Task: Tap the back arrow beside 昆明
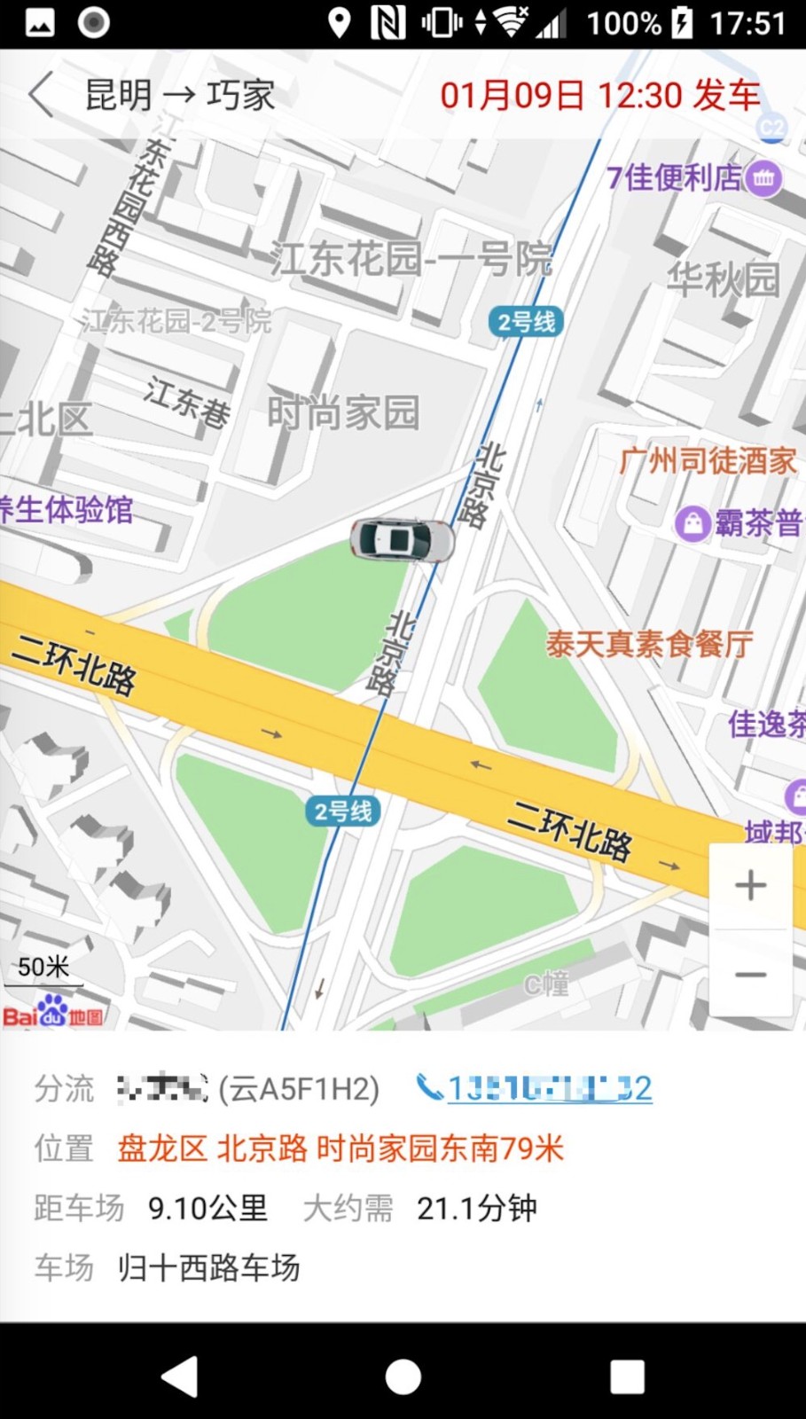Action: tap(41, 95)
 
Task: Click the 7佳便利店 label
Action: tap(674, 178)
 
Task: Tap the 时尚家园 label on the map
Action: tap(343, 413)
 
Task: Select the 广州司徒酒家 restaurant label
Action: tap(708, 461)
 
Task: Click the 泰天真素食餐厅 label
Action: tap(649, 644)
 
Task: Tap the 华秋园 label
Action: tap(723, 280)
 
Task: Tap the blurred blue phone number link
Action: tap(549, 1088)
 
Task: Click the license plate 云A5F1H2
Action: tap(299, 1088)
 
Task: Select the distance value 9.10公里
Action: tap(207, 1208)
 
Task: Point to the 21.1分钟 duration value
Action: tap(476, 1208)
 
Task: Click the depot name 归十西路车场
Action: tap(208, 1267)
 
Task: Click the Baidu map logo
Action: tap(52, 1013)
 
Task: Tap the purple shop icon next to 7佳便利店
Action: tap(763, 178)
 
